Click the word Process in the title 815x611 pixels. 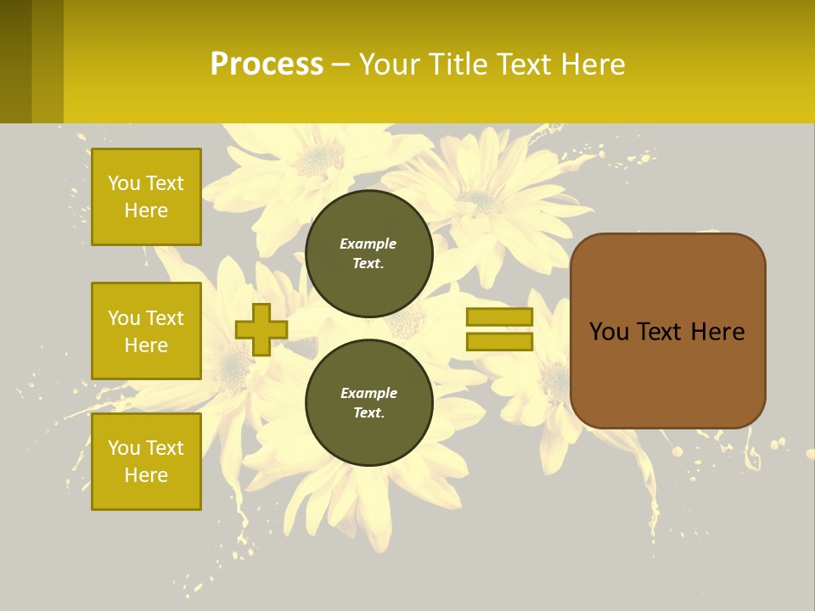pos(267,64)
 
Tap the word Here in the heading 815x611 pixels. pos(590,64)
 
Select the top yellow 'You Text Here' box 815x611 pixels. pos(146,197)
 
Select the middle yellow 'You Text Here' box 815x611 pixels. pos(146,331)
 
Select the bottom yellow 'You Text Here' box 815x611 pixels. pos(146,462)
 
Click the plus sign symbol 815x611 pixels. pos(261,329)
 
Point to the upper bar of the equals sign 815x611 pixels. pos(499,317)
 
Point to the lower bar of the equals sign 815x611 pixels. pos(499,342)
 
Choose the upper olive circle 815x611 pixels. pos(369,254)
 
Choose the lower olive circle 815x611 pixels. pos(369,403)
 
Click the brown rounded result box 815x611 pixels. pos(667,373)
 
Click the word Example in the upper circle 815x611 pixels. pos(368,244)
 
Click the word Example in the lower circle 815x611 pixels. pos(368,393)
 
